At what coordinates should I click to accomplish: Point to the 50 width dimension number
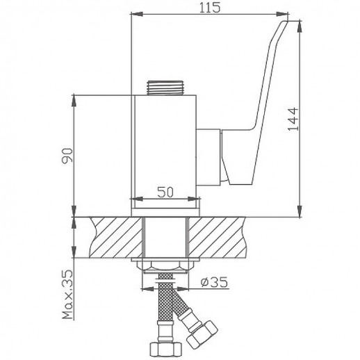(x=165, y=193)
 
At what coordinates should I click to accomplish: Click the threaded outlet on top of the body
(x=165, y=88)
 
